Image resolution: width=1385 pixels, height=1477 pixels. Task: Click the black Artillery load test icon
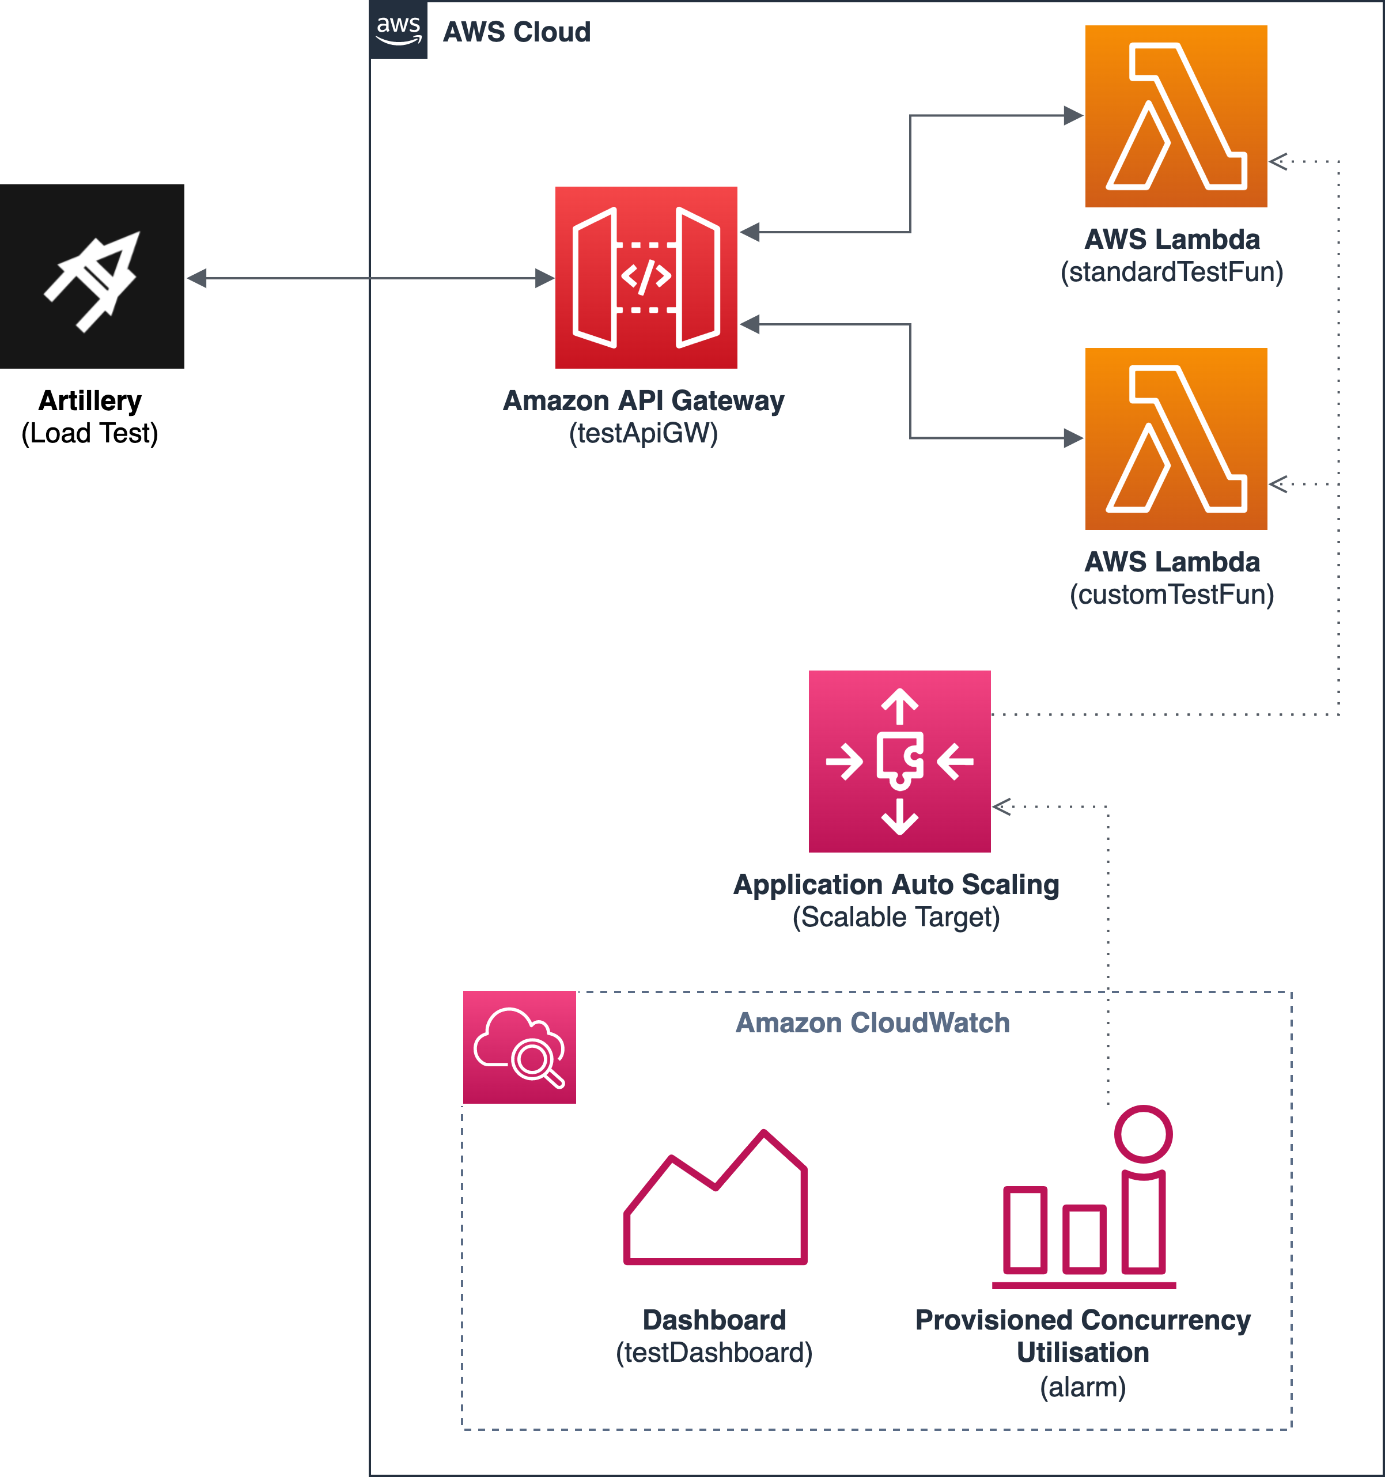[x=92, y=277]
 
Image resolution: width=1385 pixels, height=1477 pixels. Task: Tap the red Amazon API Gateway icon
[x=646, y=277]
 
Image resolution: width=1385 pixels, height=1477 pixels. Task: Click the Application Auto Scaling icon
[x=900, y=762]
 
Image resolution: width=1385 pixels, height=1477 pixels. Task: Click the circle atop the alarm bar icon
[x=1144, y=1134]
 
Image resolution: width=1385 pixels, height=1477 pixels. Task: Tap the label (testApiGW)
[x=644, y=433]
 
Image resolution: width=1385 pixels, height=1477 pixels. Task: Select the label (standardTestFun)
[x=1172, y=272]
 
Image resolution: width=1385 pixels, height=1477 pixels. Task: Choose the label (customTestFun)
[x=1172, y=594]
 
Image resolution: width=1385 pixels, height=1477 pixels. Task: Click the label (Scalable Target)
[x=896, y=917]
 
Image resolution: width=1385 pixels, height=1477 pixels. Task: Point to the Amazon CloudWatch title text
[x=873, y=1023]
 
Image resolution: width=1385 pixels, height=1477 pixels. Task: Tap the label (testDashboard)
[x=714, y=1352]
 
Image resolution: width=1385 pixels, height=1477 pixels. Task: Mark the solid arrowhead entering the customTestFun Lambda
[x=1074, y=438]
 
